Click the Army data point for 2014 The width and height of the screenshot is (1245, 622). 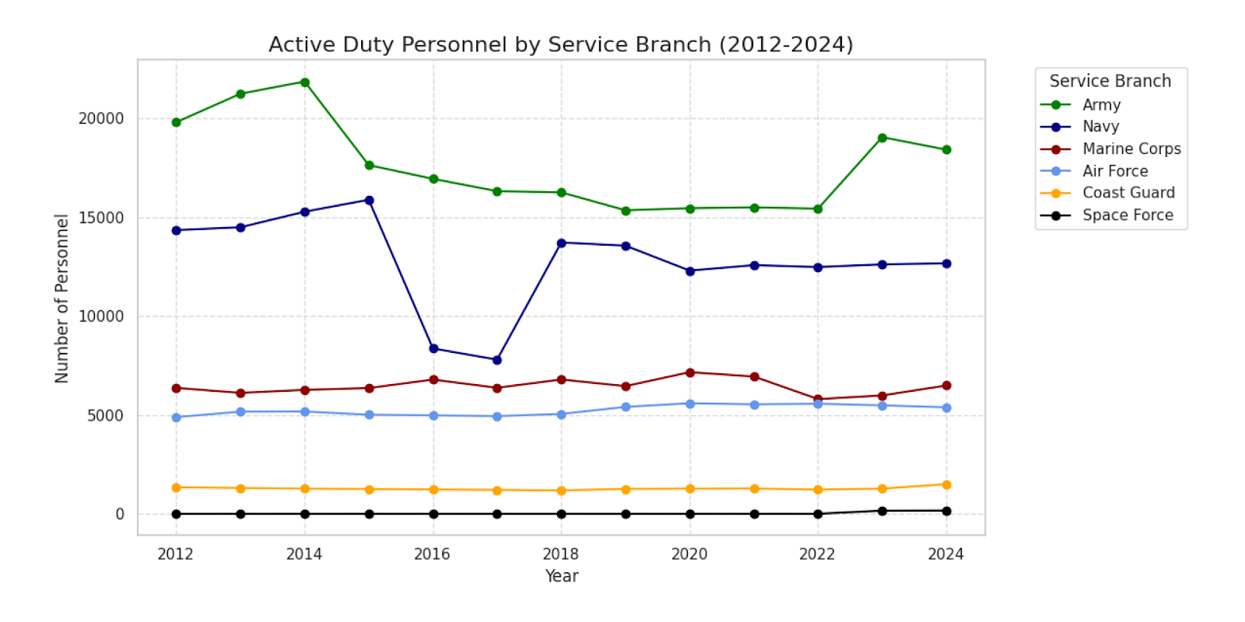tap(305, 82)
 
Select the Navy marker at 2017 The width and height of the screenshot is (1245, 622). tap(497, 360)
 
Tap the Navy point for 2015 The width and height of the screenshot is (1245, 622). tap(370, 201)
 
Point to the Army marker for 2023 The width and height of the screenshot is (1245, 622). tap(882, 138)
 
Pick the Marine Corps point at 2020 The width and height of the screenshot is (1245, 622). tap(690, 372)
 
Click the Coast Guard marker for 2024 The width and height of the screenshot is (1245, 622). tap(947, 484)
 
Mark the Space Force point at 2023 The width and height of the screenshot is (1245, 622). tap(882, 511)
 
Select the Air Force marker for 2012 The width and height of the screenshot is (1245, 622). tap(177, 418)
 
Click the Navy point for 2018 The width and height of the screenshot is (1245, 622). tap(562, 243)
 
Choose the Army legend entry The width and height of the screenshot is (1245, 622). tap(1101, 105)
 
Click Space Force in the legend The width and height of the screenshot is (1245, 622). tap(1128, 215)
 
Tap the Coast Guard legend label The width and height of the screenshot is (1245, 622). tap(1128, 193)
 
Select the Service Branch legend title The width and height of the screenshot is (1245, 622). tap(1110, 81)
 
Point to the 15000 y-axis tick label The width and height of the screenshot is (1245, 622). tap(101, 218)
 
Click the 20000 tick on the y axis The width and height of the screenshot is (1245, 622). tap(101, 119)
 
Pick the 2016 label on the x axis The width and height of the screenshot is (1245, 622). tap(433, 554)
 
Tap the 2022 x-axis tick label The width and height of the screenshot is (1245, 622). tap(817, 554)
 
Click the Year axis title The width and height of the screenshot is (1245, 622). tap(561, 576)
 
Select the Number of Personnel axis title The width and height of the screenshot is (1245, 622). tap(61, 299)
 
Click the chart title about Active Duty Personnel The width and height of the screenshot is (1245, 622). tap(561, 44)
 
